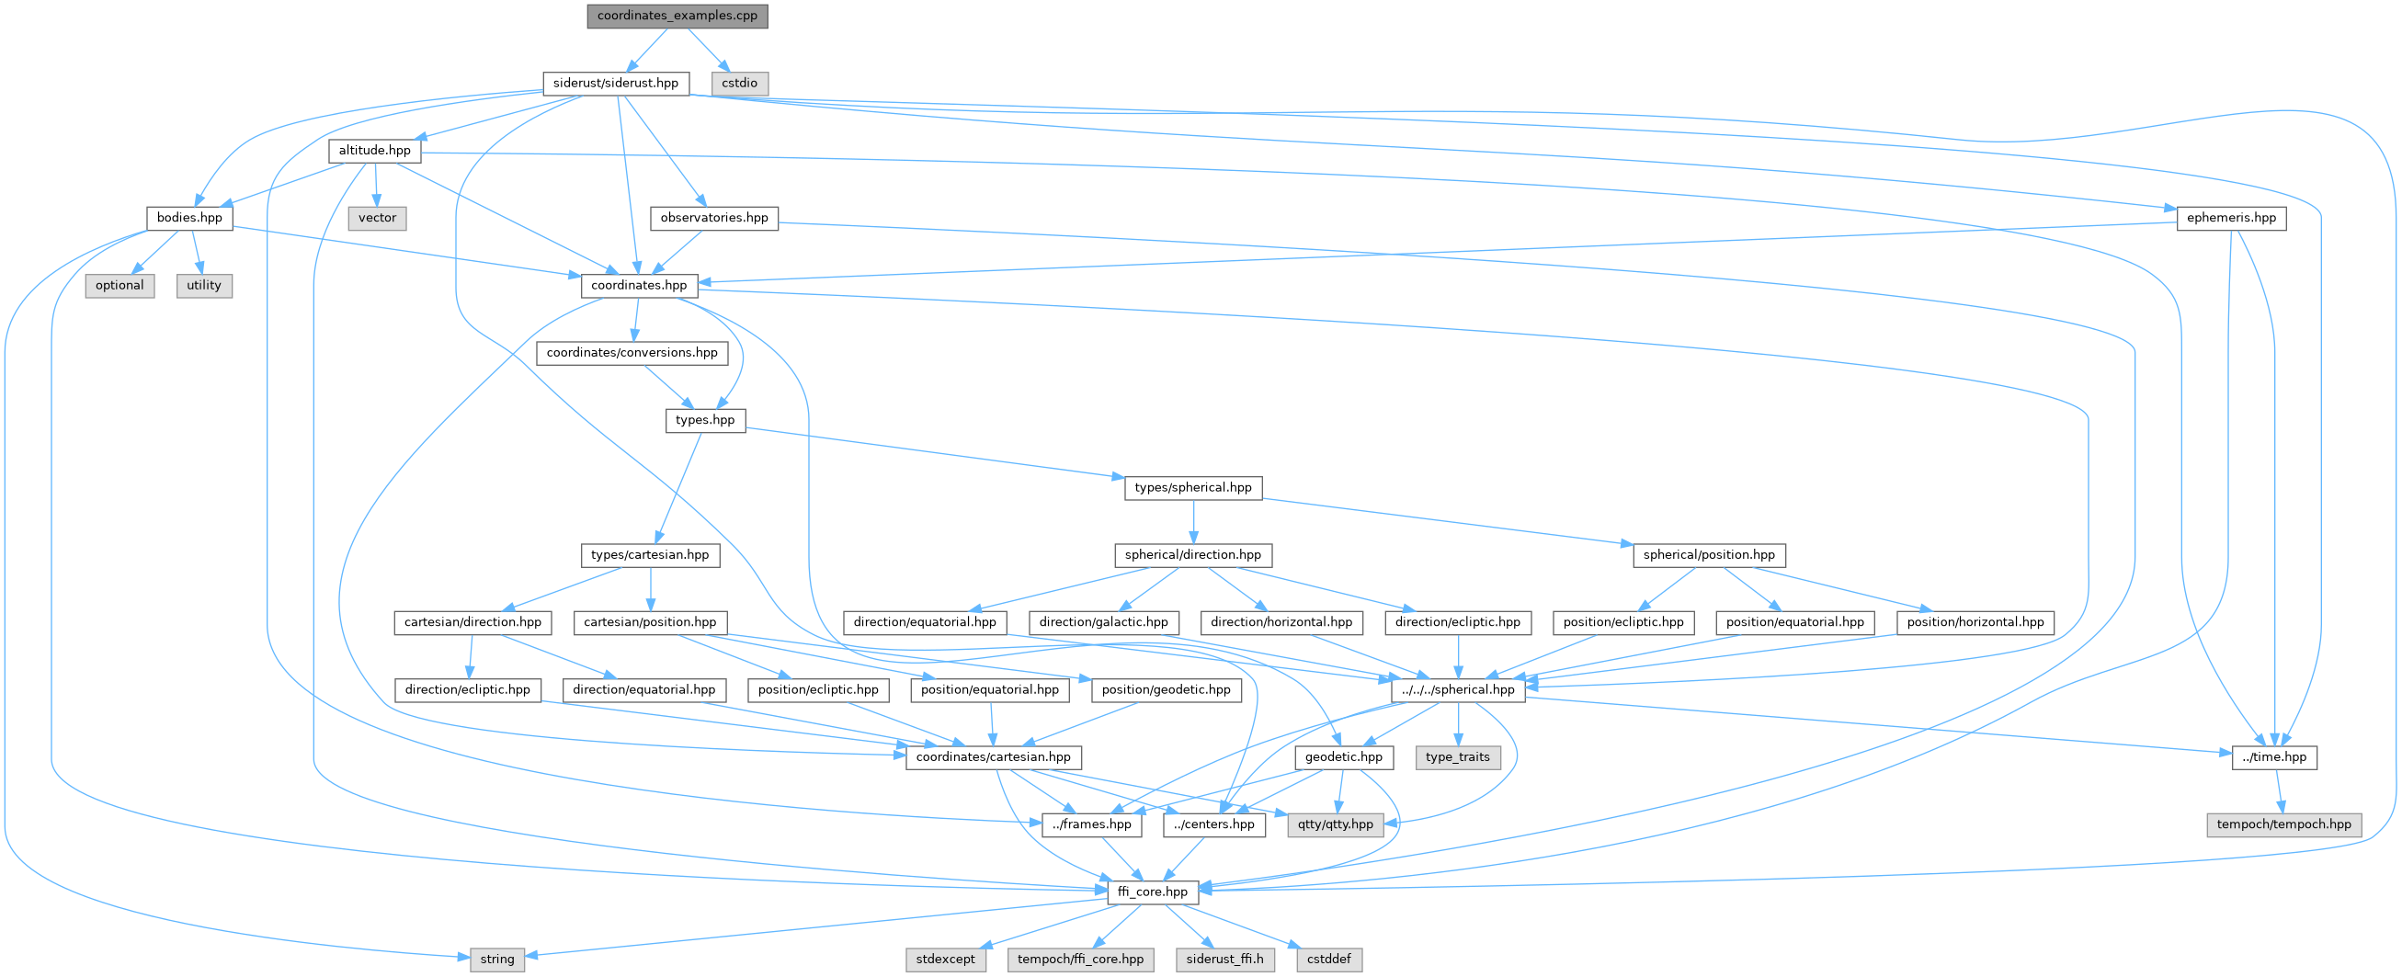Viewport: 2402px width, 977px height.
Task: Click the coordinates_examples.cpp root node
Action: tap(677, 16)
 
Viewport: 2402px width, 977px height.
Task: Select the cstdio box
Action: tap(739, 83)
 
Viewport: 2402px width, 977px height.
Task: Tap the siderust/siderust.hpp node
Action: tap(615, 83)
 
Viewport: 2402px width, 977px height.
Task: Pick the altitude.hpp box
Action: tap(374, 150)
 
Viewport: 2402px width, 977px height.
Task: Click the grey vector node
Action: tap(378, 217)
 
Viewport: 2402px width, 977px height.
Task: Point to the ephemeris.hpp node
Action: tap(2231, 217)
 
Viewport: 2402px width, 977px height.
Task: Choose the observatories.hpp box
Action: tap(714, 217)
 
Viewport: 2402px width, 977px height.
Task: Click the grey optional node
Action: tap(120, 285)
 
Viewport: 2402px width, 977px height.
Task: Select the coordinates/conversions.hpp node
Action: tap(632, 352)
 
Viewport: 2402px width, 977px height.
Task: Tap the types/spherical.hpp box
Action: tap(1193, 487)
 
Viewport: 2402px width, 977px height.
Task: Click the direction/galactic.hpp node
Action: tap(1104, 622)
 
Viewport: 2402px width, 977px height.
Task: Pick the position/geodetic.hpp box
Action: tap(1166, 690)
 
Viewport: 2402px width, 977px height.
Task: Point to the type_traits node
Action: tap(1457, 757)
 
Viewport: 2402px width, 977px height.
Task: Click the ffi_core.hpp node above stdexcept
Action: tap(1153, 892)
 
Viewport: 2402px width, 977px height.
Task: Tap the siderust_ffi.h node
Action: tap(1225, 960)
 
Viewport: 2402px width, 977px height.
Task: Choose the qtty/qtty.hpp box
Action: tap(1336, 824)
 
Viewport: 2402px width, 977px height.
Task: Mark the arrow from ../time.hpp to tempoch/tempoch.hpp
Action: tap(2279, 790)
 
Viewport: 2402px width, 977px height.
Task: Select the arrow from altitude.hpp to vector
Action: tap(376, 184)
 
